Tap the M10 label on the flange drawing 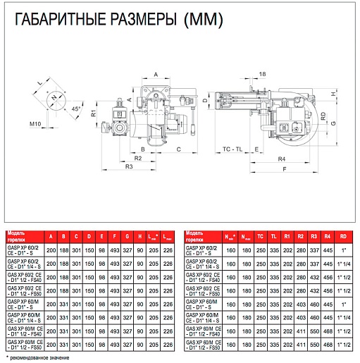[35, 124]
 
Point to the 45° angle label [75, 109]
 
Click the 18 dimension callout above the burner [262, 74]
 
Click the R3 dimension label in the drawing [129, 167]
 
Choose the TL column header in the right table [273, 235]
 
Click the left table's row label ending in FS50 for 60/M [25, 343]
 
